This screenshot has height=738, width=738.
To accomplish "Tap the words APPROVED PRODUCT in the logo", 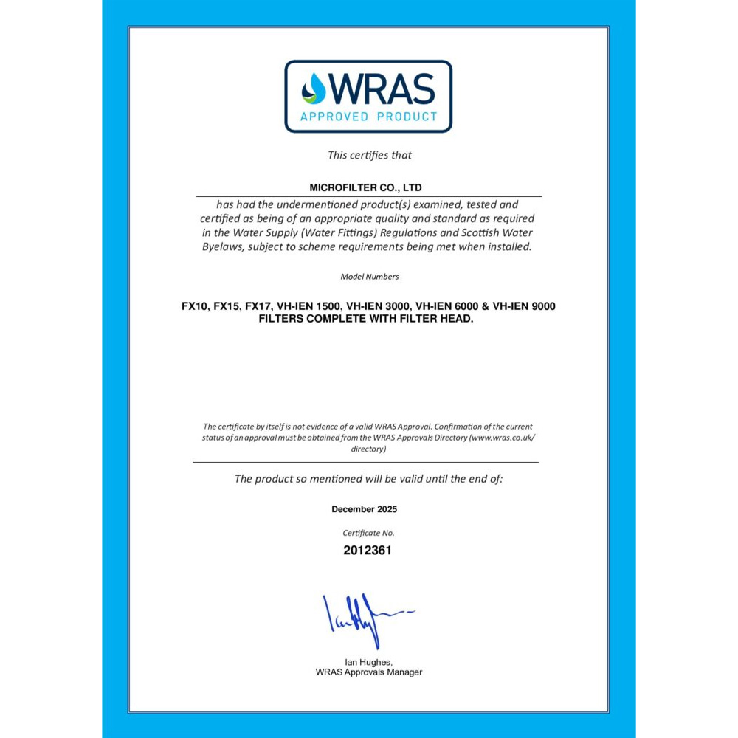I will pos(368,117).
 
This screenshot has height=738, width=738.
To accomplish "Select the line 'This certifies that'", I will pos(369,155).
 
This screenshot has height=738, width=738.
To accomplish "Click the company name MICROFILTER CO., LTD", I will pos(365,188).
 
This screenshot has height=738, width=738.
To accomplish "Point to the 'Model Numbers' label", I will pos(369,277).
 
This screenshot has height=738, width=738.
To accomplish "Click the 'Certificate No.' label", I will pos(368,532).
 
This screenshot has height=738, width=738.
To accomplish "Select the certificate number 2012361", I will pos(367,550).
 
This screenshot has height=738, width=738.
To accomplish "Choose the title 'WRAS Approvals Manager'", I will pos(368,672).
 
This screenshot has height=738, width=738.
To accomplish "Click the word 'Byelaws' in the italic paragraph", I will pos(224,247).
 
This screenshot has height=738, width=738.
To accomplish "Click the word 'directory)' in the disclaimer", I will pos(368,449).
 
